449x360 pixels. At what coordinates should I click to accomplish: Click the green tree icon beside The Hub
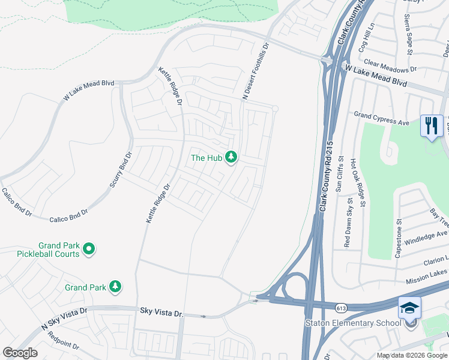(231, 158)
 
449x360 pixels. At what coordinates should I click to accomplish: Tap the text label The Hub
(206, 158)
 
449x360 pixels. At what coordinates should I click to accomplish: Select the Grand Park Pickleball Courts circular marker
(89, 248)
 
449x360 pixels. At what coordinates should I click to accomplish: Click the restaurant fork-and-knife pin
(431, 126)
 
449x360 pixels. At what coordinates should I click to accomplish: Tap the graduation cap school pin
(409, 308)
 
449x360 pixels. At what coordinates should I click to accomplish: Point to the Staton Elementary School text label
(352, 324)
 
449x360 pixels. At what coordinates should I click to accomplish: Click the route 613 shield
(342, 307)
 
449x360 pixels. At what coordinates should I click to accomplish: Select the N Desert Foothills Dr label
(254, 71)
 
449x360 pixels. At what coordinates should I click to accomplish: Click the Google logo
(20, 353)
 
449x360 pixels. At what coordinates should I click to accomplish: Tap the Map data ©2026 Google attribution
(412, 355)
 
